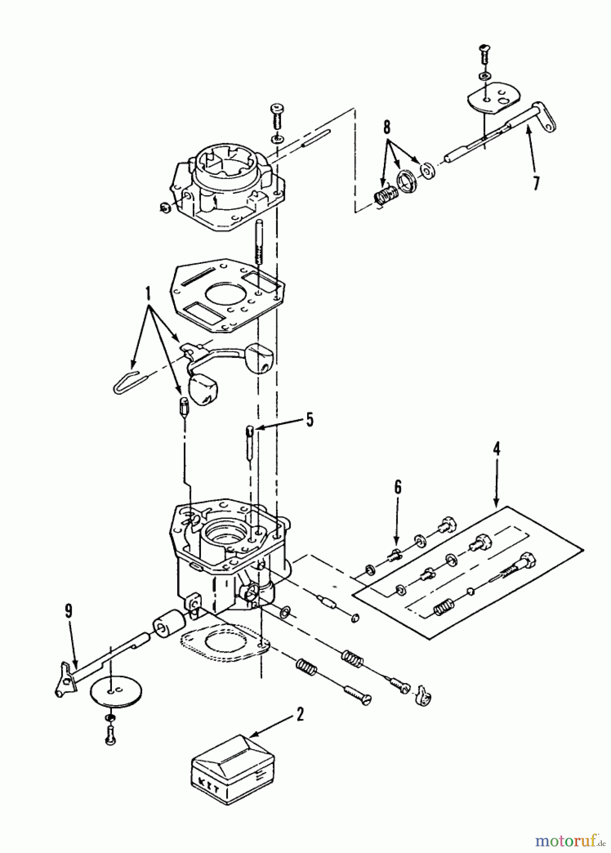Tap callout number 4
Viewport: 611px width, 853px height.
[496, 448]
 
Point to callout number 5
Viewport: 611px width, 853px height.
[309, 419]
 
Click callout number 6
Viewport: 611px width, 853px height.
[397, 487]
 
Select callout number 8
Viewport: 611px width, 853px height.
[387, 127]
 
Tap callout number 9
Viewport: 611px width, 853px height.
[69, 611]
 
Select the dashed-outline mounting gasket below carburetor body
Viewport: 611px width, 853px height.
[223, 644]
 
